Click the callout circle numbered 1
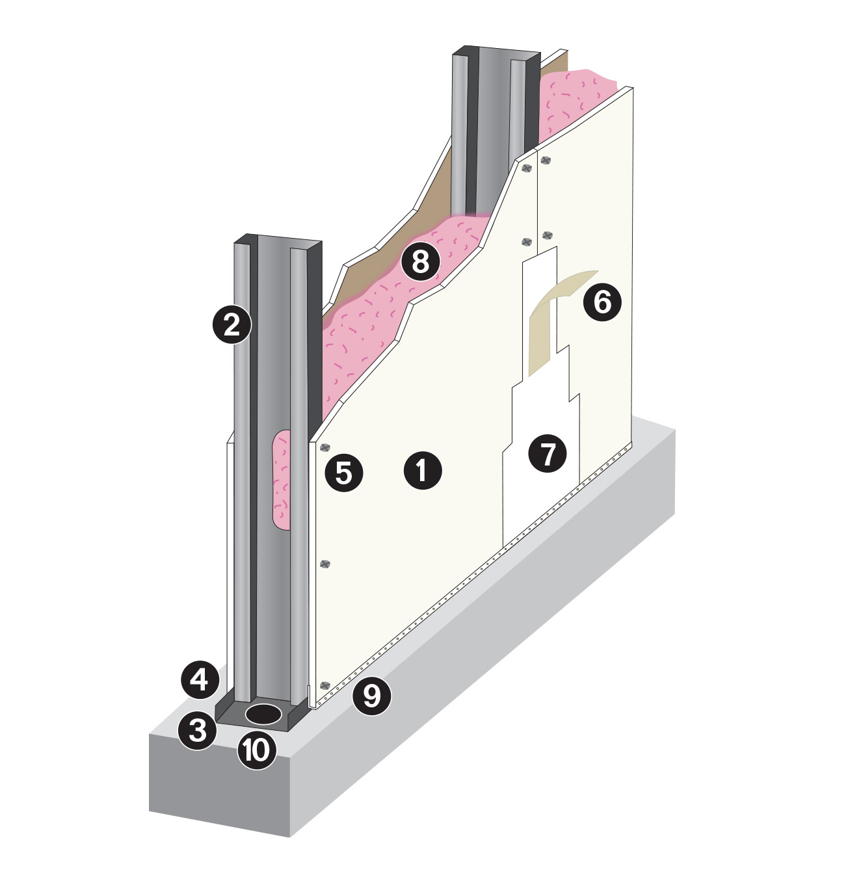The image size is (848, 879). (x=422, y=470)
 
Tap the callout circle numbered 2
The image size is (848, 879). (x=232, y=324)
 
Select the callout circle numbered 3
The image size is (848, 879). (x=198, y=730)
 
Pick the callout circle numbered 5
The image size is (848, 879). (x=344, y=473)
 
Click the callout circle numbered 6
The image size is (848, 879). (x=602, y=302)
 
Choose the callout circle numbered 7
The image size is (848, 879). (x=547, y=453)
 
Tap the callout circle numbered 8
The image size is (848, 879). (x=420, y=261)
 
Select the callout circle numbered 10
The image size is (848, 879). (x=256, y=750)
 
